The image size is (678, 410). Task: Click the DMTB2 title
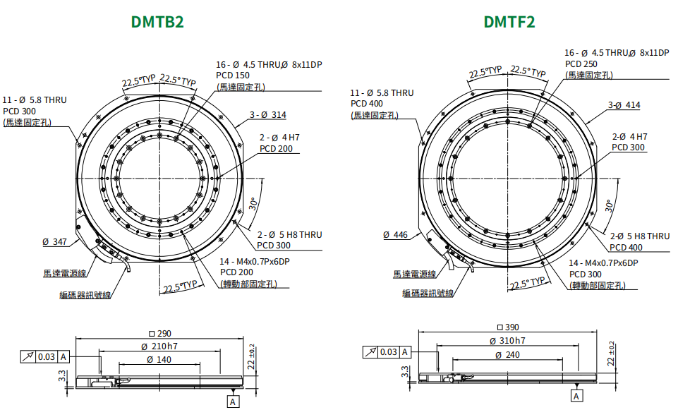tap(157, 22)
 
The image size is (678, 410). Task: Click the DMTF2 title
tap(509, 22)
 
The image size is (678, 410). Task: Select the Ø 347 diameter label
tap(55, 242)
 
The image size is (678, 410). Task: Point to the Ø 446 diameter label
tap(395, 235)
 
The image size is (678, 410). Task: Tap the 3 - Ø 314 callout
tap(268, 114)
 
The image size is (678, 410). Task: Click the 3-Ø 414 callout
tap(624, 104)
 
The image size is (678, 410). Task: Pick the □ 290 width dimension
tap(160, 334)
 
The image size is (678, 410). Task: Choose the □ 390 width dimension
tap(508, 327)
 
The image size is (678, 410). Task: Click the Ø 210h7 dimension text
tap(159, 346)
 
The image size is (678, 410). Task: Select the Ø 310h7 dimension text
tap(507, 341)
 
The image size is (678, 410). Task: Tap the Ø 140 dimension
tap(159, 359)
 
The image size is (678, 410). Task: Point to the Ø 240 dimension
tap(508, 355)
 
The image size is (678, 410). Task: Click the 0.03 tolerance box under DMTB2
tap(47, 357)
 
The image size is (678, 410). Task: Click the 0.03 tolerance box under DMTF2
tap(389, 352)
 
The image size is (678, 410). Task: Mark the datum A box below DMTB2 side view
tap(233, 402)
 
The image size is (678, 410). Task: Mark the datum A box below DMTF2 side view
tap(576, 397)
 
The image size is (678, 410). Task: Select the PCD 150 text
tap(233, 76)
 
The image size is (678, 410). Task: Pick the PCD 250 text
tap(581, 64)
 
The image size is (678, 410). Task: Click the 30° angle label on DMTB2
tap(254, 204)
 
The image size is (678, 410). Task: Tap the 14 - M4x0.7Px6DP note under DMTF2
tap(603, 263)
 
